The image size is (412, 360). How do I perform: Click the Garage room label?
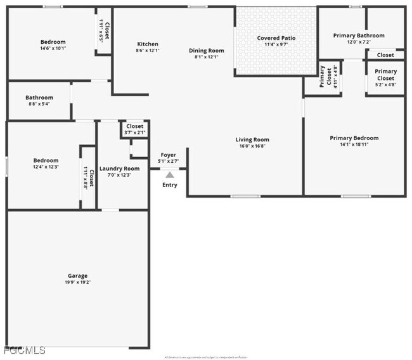(78, 276)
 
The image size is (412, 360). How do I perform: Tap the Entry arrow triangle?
(169, 176)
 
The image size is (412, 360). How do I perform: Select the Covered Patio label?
(276, 38)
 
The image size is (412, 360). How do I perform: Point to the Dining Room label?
(207, 50)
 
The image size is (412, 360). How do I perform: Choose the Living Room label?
(252, 139)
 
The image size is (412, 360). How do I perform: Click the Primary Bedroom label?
(354, 138)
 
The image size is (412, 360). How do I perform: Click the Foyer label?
(168, 155)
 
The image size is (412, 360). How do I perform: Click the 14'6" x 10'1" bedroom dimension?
(53, 48)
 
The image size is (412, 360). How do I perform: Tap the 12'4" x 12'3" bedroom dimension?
(46, 167)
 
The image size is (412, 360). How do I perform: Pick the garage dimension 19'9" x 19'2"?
(78, 282)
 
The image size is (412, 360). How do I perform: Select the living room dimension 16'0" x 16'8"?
(252, 146)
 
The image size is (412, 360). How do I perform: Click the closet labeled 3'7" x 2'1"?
(134, 129)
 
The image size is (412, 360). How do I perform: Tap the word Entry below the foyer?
(170, 185)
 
